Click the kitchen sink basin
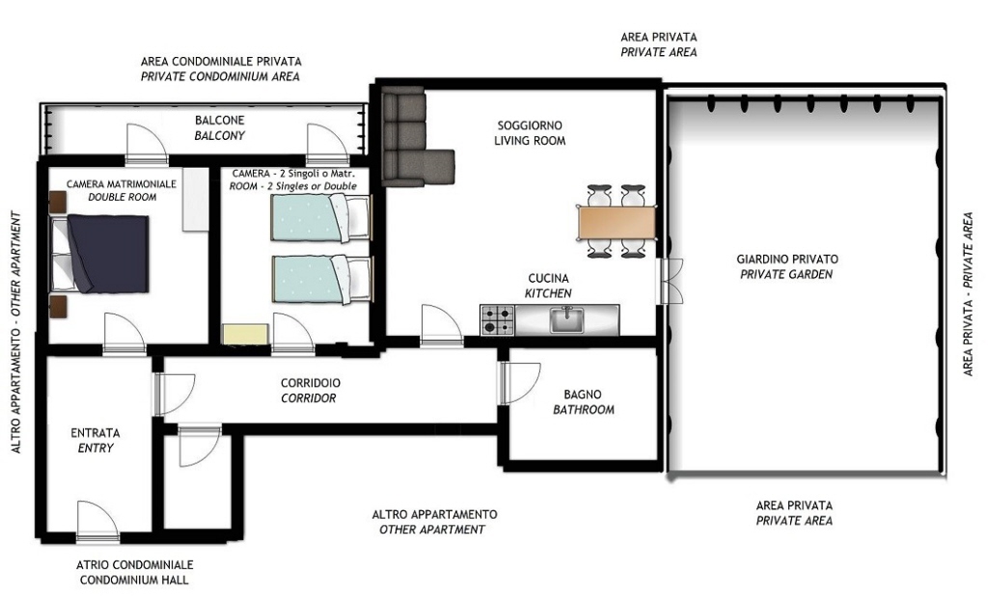pyautogui.click(x=567, y=319)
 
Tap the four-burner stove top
pyautogui.click(x=498, y=320)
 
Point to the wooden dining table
pyautogui.click(x=617, y=223)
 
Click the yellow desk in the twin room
pyautogui.click(x=246, y=334)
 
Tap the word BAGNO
pyautogui.click(x=582, y=395)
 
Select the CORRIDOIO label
pyautogui.click(x=310, y=383)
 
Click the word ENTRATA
pyautogui.click(x=96, y=433)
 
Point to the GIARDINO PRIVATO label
pyautogui.click(x=787, y=259)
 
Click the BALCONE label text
pyautogui.click(x=219, y=121)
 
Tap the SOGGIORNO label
pyautogui.click(x=530, y=125)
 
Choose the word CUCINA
pyautogui.click(x=548, y=279)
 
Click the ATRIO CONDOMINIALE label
pyautogui.click(x=135, y=565)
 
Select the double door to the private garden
pyautogui.click(x=670, y=281)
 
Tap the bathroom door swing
pyautogui.click(x=519, y=383)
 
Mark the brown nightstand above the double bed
pyautogui.click(x=58, y=203)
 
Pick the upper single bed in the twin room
pyautogui.click(x=320, y=218)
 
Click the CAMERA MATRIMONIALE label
pyautogui.click(x=121, y=184)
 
